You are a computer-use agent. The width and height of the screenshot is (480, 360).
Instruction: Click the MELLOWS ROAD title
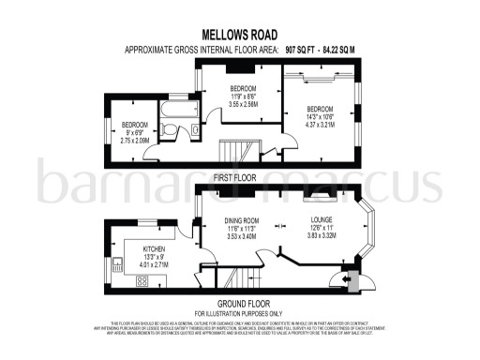pyautogui.click(x=239, y=34)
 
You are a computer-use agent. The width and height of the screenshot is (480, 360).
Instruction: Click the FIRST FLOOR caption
pyautogui.click(x=239, y=174)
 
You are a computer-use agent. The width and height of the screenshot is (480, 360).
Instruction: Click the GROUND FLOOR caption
pyautogui.click(x=239, y=303)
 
